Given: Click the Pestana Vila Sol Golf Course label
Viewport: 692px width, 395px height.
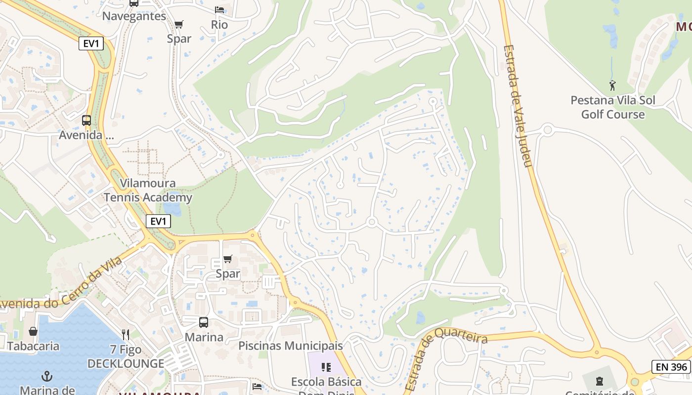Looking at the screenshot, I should (613, 107).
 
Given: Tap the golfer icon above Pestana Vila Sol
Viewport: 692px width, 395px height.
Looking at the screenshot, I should (613, 85).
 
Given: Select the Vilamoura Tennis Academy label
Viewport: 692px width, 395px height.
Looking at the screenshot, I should (148, 191).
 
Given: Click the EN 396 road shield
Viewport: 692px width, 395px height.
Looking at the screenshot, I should (671, 367).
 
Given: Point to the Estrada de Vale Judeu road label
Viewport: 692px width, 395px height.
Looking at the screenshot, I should (518, 106).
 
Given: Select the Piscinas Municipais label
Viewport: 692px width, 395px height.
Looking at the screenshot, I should (291, 346).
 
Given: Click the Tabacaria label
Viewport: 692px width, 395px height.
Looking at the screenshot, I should (33, 346).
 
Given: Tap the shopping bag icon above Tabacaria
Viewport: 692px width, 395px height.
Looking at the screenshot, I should (33, 331).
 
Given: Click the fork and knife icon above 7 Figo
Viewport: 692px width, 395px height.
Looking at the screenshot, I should (126, 335).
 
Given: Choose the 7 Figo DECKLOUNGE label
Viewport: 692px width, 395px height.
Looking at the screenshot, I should (126, 357).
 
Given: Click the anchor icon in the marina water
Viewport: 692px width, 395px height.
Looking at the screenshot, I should (47, 376).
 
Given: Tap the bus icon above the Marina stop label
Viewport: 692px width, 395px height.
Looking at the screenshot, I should (204, 322).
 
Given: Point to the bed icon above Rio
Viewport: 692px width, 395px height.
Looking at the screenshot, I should (219, 10).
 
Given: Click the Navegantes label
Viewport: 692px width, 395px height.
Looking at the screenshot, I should (134, 16).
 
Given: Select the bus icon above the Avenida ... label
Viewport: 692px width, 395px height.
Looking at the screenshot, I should (86, 120).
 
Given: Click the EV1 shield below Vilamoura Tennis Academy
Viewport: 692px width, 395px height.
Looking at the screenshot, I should (158, 221).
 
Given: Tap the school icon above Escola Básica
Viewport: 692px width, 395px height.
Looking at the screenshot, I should (326, 367).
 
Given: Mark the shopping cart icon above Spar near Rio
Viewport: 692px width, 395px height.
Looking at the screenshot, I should (179, 24).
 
